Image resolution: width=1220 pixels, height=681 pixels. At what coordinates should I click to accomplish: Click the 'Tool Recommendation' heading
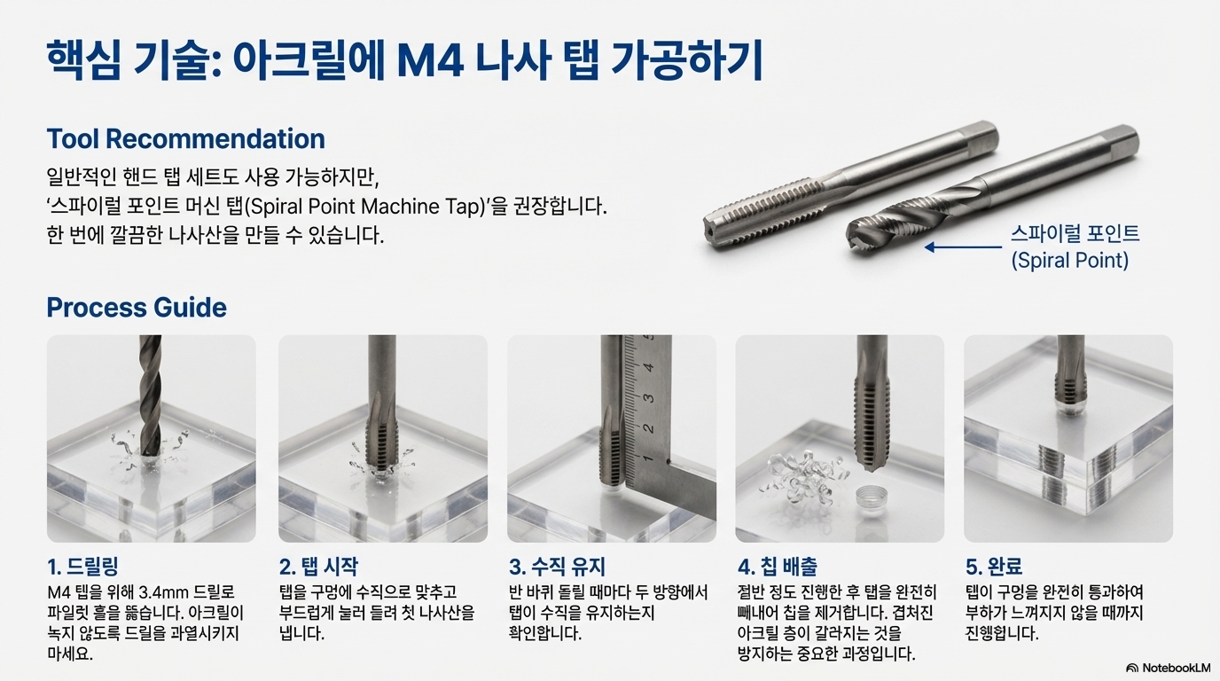185,139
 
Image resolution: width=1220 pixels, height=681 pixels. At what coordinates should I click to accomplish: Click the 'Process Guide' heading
137,308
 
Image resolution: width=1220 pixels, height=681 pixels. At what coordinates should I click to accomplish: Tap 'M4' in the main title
430,60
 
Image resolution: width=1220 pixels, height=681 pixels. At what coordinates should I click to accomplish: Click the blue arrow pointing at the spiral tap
963,247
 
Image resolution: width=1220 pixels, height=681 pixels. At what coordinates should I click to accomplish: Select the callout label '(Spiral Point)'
1069,261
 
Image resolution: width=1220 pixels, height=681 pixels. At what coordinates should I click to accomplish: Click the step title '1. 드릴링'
82,567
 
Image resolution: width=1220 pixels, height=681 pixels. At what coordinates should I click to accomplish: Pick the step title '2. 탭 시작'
318,567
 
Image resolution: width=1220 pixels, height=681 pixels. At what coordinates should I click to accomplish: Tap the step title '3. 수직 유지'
557,567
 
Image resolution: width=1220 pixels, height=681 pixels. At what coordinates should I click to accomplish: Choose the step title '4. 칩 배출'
778,567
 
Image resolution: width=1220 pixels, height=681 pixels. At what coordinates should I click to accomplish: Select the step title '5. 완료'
994,567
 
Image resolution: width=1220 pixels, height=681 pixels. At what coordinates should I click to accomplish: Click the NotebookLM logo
1168,668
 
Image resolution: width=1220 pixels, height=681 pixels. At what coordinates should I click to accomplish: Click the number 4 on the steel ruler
649,367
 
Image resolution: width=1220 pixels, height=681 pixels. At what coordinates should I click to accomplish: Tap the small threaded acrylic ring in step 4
872,497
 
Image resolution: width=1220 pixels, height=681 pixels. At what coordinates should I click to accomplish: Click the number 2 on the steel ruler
648,428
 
